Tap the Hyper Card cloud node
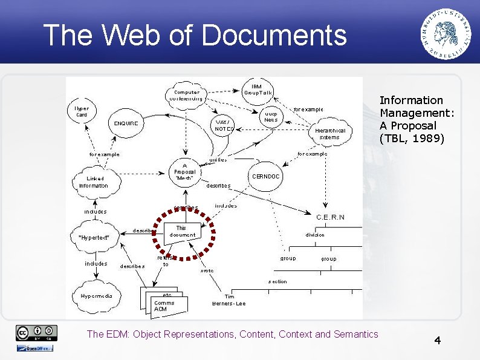click(x=82, y=112)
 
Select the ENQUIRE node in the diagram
click(x=126, y=123)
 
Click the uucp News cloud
click(x=270, y=116)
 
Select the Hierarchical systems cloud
click(x=330, y=134)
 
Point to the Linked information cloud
click(x=94, y=182)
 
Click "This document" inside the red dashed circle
click(x=182, y=231)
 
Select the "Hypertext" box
click(x=94, y=238)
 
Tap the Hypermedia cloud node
click(x=97, y=296)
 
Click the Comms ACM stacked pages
click(x=163, y=305)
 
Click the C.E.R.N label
click(x=330, y=217)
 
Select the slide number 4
click(x=437, y=341)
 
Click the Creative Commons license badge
click(x=37, y=332)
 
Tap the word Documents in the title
click(x=274, y=35)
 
